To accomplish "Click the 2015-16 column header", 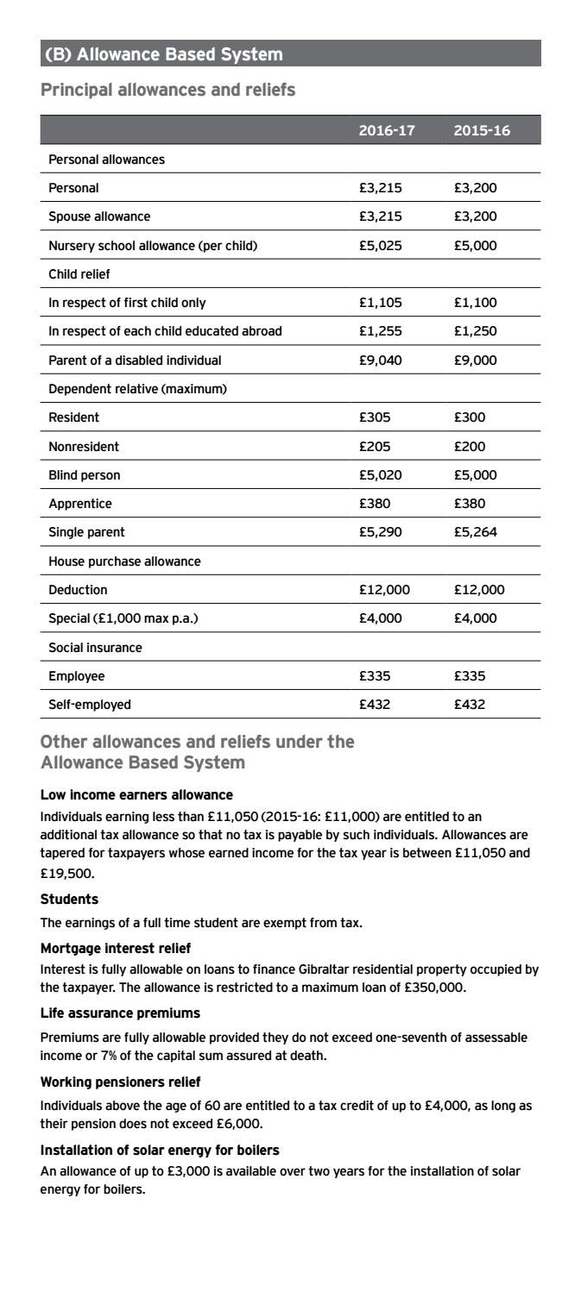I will pos(481,130).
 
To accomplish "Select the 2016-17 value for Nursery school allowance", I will pos(381,245).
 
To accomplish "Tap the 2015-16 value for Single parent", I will pos(476,532).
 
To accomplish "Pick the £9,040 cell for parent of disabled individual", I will pos(381,360).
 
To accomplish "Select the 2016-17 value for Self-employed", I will pos(375,704).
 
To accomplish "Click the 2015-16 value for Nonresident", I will pos(470,446).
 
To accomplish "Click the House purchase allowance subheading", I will pos(124,561).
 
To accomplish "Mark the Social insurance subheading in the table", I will pos(95,647).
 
